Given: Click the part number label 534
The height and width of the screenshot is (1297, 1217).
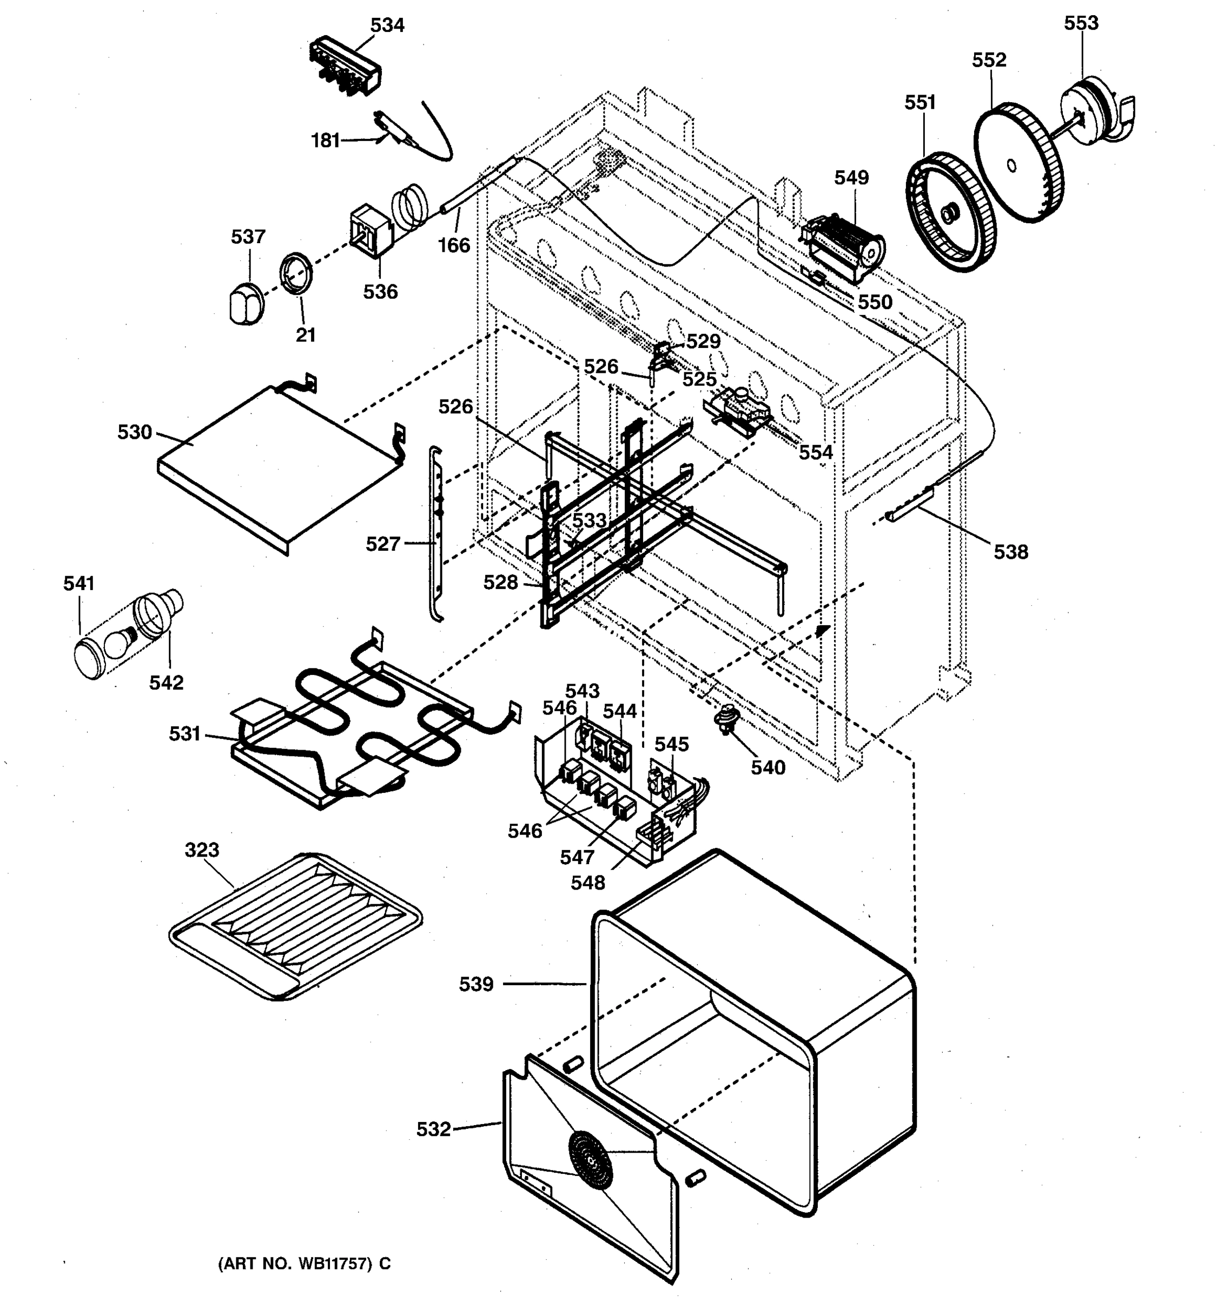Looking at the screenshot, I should click(387, 25).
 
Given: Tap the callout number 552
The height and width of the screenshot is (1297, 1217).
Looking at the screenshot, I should click(989, 60).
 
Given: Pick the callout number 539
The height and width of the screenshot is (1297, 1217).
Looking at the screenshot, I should click(476, 985).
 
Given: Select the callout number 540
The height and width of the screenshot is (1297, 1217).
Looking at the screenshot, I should click(768, 768).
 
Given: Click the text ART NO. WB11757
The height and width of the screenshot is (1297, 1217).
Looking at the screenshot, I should click(304, 1263).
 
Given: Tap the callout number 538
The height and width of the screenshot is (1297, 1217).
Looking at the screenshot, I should click(1011, 553).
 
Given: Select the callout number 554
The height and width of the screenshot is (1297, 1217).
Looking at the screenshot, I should click(816, 453).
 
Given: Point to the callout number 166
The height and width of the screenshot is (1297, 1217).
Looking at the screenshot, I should click(454, 246).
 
